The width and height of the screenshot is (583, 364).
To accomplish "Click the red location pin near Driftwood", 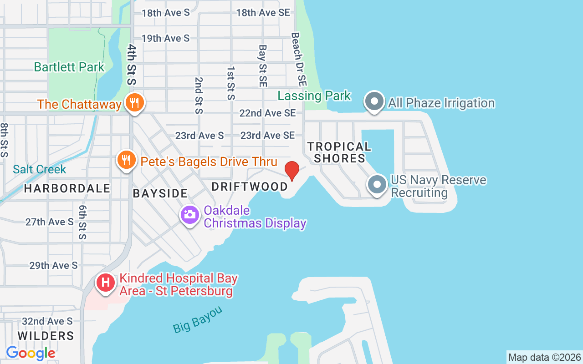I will pyautogui.click(x=291, y=171).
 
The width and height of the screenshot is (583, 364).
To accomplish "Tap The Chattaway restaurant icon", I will pyautogui.click(x=134, y=103).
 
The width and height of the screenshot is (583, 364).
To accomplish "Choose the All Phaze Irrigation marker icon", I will pyautogui.click(x=374, y=102).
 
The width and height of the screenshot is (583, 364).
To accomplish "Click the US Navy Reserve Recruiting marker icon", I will pyautogui.click(x=377, y=185).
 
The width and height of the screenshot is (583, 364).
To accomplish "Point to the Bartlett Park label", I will pyautogui.click(x=69, y=67).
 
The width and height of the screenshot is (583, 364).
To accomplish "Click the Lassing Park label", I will pyautogui.click(x=314, y=96).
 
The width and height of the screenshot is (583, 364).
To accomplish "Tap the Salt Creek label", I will pyautogui.click(x=40, y=170).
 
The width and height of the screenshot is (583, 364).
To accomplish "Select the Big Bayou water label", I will pyautogui.click(x=198, y=319).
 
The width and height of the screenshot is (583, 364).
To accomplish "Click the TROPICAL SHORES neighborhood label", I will pyautogui.click(x=339, y=152).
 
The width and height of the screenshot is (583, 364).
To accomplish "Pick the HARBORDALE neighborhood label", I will pyautogui.click(x=67, y=188).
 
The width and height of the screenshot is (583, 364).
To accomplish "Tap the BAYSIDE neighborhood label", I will pyautogui.click(x=160, y=193).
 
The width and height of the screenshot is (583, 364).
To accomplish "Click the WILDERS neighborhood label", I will pyautogui.click(x=46, y=336).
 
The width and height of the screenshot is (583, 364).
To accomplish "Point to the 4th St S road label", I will pyautogui.click(x=132, y=64).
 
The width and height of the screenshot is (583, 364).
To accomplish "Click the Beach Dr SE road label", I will pyautogui.click(x=299, y=59).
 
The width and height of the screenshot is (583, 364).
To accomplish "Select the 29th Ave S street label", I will pyautogui.click(x=53, y=265).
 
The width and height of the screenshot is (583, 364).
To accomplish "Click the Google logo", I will pyautogui.click(x=31, y=353).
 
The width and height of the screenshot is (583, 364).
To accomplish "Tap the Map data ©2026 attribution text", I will pyautogui.click(x=544, y=357).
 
